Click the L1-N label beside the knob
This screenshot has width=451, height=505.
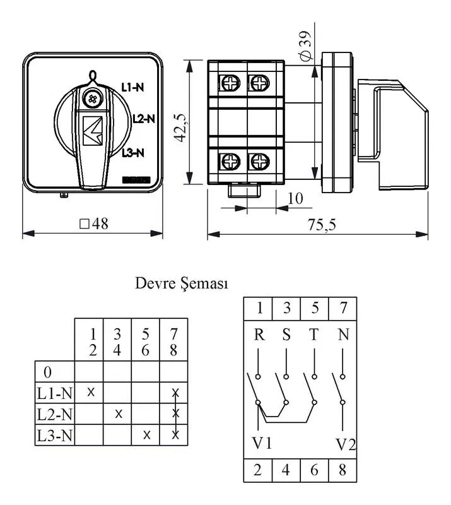point(132,87)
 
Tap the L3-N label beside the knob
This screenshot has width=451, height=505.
point(133,153)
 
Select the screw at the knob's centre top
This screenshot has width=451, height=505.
point(92,99)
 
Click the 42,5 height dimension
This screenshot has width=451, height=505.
point(180,128)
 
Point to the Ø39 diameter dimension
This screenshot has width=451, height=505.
point(306,45)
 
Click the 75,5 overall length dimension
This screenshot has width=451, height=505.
point(322,225)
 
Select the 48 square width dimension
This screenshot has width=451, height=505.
point(94,223)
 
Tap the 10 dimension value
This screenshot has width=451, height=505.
point(295,199)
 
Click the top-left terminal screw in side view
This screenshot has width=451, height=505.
point(230,83)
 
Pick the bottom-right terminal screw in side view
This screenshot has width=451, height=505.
point(259,161)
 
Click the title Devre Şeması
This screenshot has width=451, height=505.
point(182,283)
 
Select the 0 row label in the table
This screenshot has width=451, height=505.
point(47,372)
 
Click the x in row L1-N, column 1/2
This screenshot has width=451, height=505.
point(91,392)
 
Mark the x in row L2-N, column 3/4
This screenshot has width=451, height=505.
point(119,413)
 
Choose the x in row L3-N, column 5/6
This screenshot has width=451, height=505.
point(146,435)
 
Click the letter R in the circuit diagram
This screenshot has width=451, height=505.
point(259,335)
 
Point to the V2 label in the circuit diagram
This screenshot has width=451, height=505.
point(346,444)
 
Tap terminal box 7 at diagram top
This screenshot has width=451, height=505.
point(343,308)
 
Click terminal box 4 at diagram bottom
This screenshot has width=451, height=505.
point(286,470)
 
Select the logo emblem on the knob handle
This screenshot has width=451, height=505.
point(92,131)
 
